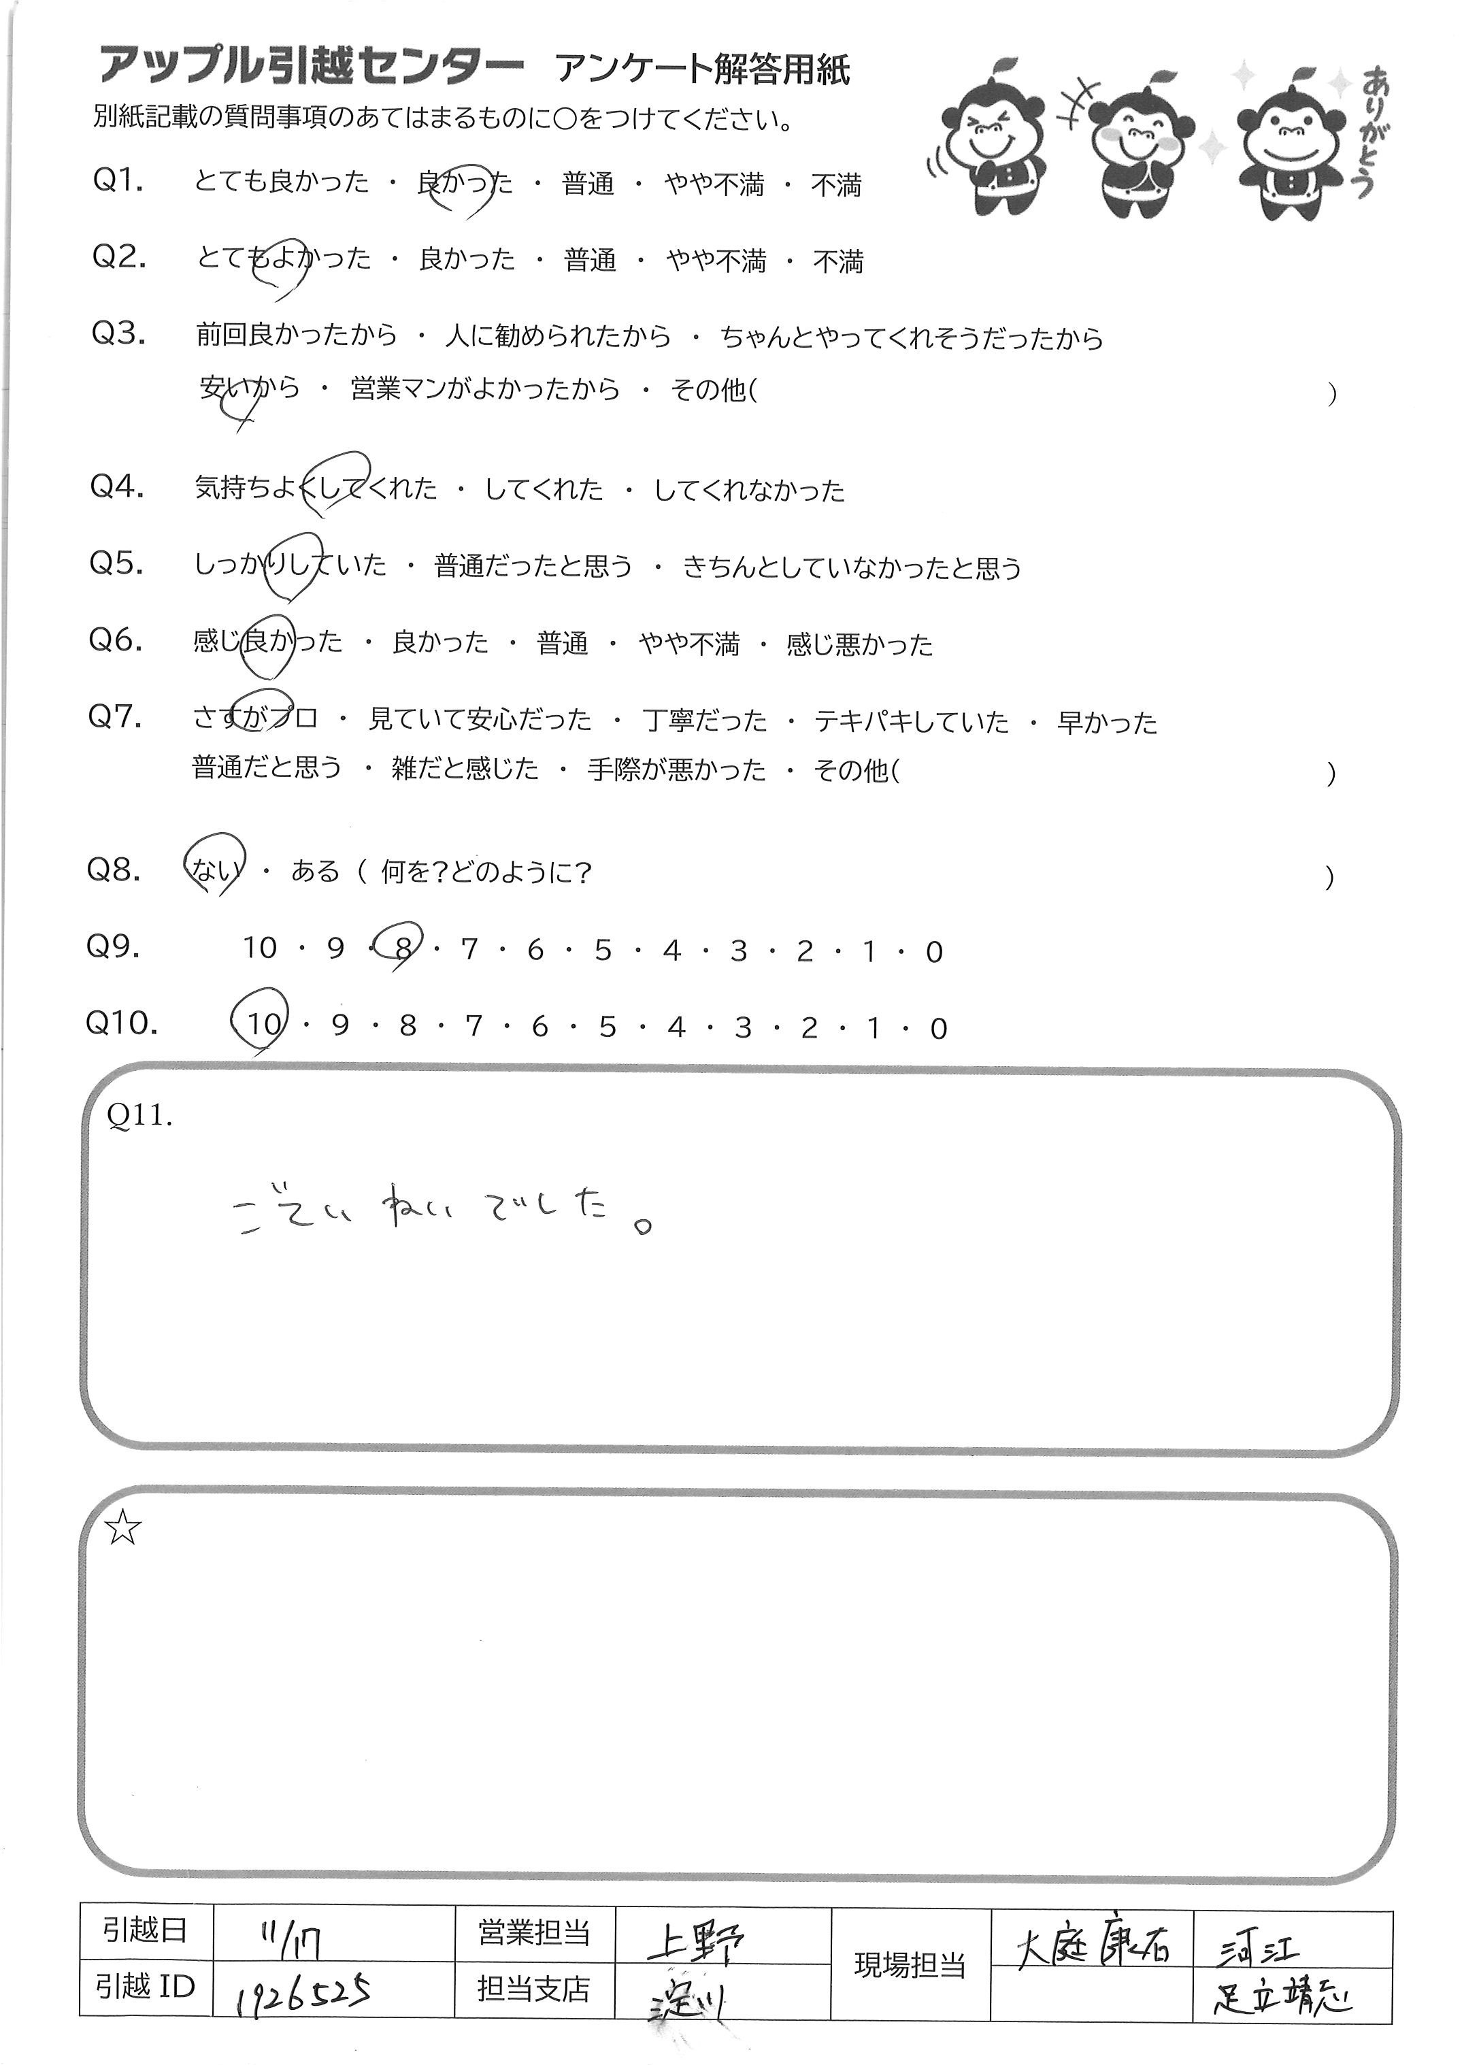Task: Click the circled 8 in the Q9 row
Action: [403, 950]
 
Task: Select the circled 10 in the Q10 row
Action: [263, 1025]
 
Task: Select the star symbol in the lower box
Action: [123, 1528]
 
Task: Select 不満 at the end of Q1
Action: [835, 186]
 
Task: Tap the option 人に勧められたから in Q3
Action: [558, 337]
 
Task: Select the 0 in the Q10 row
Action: [938, 1028]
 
